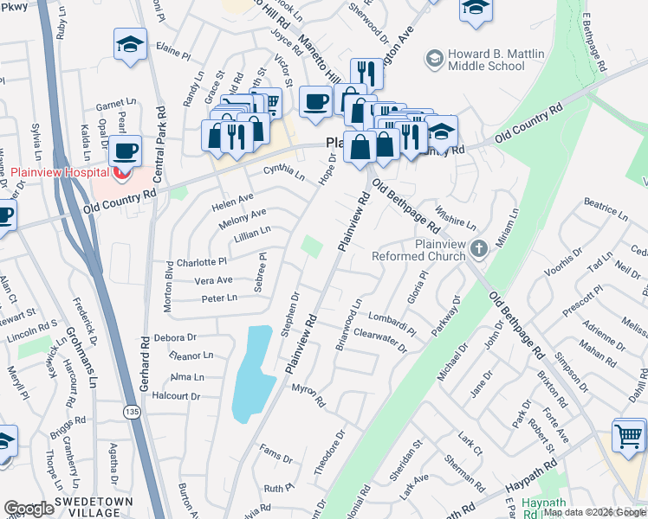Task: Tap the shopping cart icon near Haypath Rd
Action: click(628, 435)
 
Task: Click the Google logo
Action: click(29, 509)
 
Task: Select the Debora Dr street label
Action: click(175, 337)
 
